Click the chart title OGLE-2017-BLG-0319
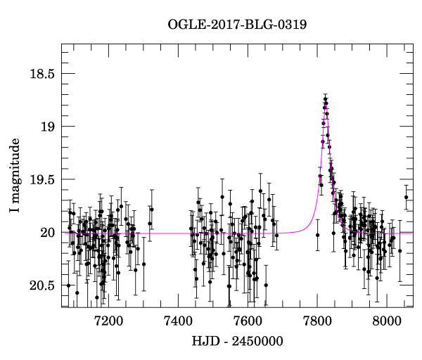coord(237,25)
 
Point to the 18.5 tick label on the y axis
coord(42,74)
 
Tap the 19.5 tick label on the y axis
coord(42,180)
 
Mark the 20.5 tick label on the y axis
coord(42,285)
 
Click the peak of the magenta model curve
coord(326,105)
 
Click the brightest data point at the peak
coord(326,99)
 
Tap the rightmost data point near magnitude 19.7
coord(406,197)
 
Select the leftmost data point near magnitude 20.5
coord(68,285)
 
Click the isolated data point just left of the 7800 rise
coord(317,235)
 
